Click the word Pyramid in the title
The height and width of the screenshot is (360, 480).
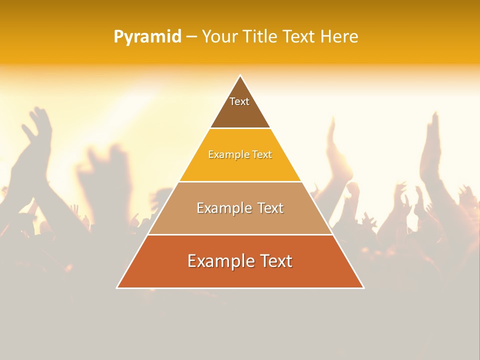(147, 37)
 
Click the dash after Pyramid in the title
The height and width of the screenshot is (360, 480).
(191, 37)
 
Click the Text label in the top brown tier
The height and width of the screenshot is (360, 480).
(239, 101)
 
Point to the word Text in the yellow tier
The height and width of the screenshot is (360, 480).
(262, 155)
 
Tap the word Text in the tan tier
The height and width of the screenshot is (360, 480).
(270, 208)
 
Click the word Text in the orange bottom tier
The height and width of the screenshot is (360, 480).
(275, 261)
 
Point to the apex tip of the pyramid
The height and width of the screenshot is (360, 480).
(240, 75)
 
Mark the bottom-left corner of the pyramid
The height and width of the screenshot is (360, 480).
(117, 287)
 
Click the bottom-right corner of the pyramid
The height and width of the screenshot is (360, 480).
(363, 287)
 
